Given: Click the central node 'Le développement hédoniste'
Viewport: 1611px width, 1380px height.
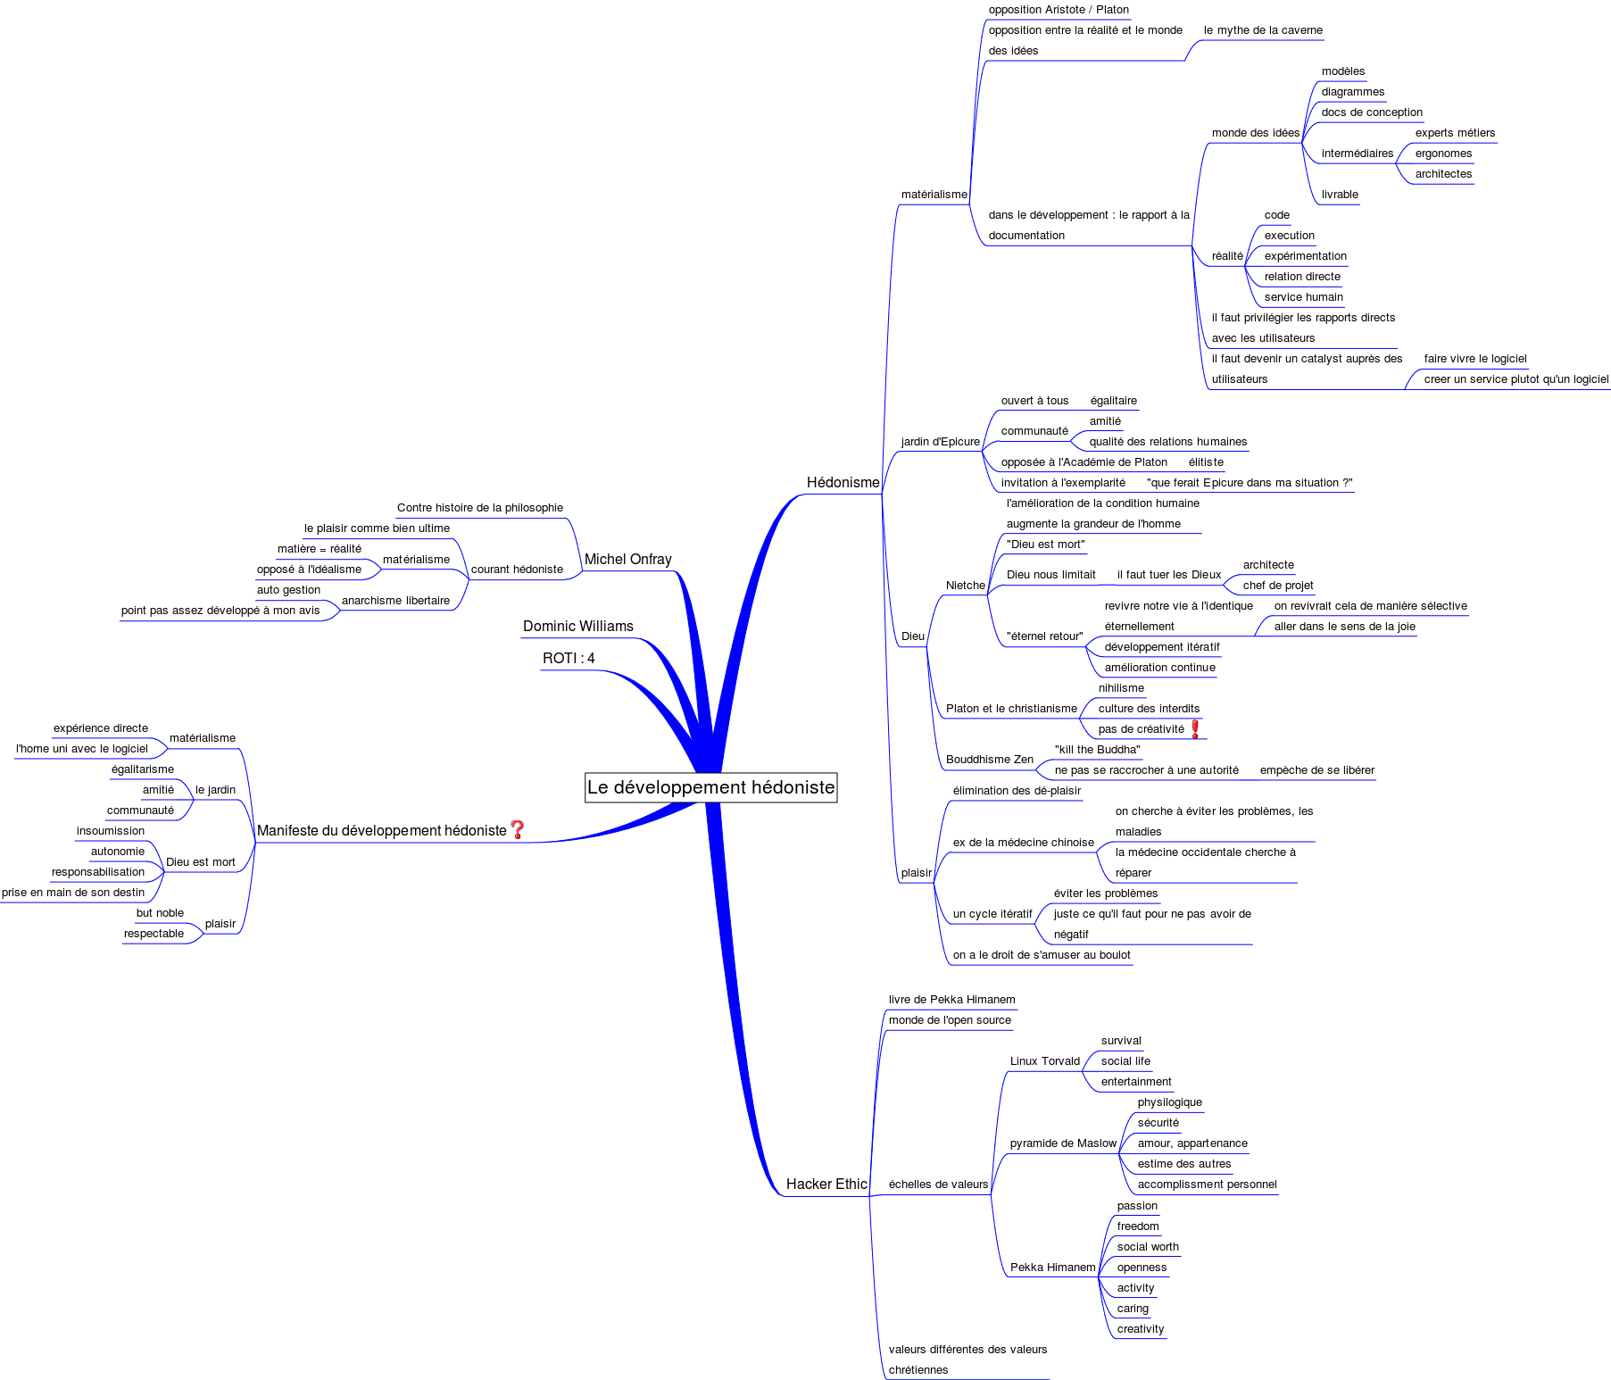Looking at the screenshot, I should pos(710,787).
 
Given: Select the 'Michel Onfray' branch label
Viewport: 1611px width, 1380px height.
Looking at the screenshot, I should pos(627,560).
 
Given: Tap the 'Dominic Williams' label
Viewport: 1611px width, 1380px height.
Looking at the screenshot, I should pos(577,627).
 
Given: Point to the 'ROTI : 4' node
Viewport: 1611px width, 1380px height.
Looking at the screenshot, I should pos(568,659).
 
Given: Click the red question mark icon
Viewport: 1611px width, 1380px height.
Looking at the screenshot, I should pos(517,830).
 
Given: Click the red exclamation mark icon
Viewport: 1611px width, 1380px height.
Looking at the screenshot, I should pos(1195,729).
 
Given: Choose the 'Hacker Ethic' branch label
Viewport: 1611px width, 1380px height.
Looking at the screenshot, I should pos(826,1185).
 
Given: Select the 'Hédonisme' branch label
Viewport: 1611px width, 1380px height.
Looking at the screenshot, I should pos(843,483).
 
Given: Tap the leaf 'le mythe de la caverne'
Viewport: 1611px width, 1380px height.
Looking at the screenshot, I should pos(1262,30).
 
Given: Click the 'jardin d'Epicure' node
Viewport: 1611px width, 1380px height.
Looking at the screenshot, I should pos(940,442).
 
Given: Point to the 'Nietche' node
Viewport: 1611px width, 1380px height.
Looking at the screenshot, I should pos(965,586).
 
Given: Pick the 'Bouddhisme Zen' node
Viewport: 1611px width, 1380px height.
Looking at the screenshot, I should pos(989,760).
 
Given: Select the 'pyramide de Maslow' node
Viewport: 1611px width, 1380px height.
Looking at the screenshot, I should pos(1062,1143).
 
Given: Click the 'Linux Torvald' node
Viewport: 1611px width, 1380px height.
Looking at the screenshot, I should pos(1044,1061).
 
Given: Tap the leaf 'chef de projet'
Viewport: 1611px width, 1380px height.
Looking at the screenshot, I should pos(1277,586).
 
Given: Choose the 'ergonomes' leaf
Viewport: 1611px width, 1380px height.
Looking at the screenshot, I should pos(1443,154).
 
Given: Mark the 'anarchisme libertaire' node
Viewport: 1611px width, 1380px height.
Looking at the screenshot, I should pos(395,601).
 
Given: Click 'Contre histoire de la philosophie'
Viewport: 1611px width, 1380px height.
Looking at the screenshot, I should pos(479,508).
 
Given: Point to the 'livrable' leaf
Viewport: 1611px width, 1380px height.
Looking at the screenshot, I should pos(1339,195).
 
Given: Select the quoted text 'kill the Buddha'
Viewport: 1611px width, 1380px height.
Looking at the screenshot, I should pos(1097,750).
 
